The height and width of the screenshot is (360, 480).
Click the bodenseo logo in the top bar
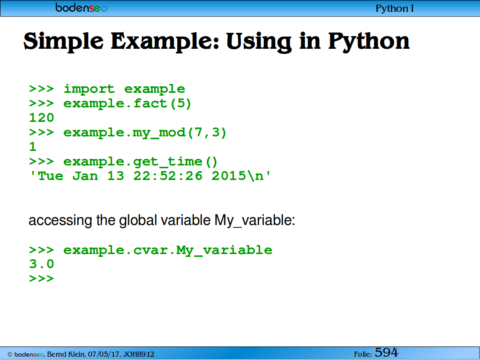pyautogui.click(x=82, y=7)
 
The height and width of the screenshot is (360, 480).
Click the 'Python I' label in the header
pyautogui.click(x=394, y=8)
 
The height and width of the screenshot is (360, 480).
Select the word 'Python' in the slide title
pyautogui.click(x=369, y=42)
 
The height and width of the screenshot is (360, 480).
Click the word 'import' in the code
pyautogui.click(x=89, y=89)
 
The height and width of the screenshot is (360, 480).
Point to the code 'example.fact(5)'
pyautogui.click(x=127, y=104)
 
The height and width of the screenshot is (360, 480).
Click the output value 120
pyautogui.click(x=42, y=118)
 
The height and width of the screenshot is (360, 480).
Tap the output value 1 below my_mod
pyautogui.click(x=33, y=147)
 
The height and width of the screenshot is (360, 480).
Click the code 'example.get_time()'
pyautogui.click(x=141, y=162)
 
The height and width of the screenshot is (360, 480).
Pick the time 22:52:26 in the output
pyautogui.click(x=168, y=176)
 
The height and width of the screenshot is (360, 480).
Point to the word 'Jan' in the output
pyautogui.click(x=85, y=176)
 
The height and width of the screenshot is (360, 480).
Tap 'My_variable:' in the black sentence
pyautogui.click(x=255, y=221)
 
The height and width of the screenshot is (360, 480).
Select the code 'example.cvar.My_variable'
pyautogui.click(x=168, y=250)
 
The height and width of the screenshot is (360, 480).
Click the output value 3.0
pyautogui.click(x=42, y=264)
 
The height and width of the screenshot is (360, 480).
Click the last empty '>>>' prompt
pyautogui.click(x=42, y=278)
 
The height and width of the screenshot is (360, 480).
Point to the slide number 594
pyautogui.click(x=386, y=352)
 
